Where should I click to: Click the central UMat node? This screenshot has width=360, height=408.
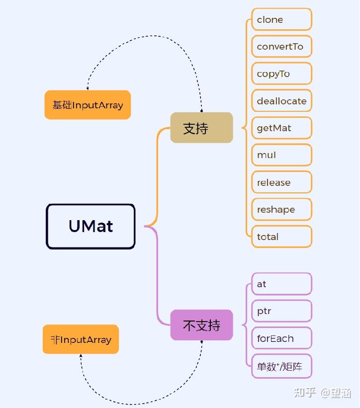(x=90, y=226)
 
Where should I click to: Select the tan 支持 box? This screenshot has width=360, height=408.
(x=201, y=128)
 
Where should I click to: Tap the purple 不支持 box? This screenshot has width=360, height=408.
(x=201, y=325)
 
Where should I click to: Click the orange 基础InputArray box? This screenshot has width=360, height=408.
(x=88, y=105)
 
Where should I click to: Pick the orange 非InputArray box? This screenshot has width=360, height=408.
(x=81, y=339)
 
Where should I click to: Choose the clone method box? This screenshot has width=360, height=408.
(x=281, y=19)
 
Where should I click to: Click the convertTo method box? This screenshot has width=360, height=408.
(x=281, y=47)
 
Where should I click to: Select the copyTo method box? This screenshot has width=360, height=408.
(x=281, y=74)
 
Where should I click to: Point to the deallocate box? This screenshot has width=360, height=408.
(x=281, y=101)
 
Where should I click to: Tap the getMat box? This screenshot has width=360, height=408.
(x=281, y=128)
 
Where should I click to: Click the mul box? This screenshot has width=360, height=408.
(x=281, y=155)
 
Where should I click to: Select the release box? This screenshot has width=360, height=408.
(x=281, y=182)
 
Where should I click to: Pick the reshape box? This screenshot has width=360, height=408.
(x=281, y=209)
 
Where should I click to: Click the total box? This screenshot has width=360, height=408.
(x=281, y=237)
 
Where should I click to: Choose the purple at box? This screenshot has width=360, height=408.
(x=281, y=284)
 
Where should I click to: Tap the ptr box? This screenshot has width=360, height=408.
(x=281, y=311)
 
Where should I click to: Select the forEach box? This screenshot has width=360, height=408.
(x=281, y=338)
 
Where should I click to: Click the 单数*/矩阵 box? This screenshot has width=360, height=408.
(x=281, y=366)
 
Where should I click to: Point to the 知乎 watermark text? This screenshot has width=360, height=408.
(x=304, y=393)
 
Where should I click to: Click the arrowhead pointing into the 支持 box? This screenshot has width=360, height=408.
(x=201, y=110)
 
